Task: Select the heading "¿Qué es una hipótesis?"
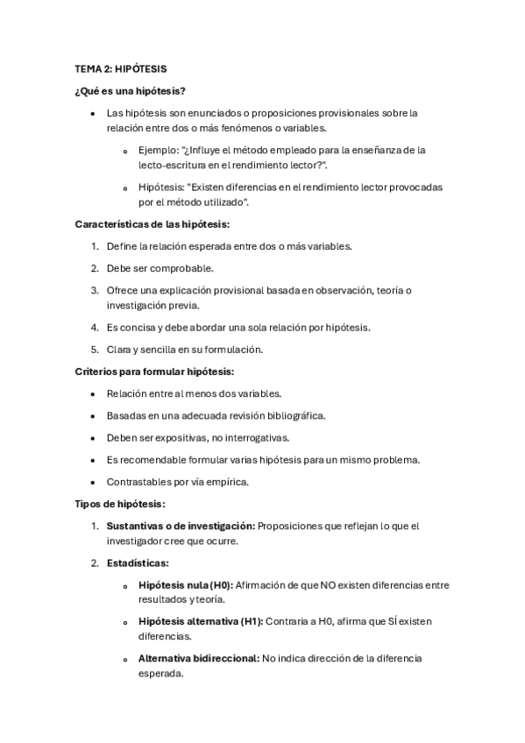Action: pyautogui.click(x=129, y=90)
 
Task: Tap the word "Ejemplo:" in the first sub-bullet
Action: pyautogui.click(x=158, y=150)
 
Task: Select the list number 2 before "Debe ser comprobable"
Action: pyautogui.click(x=95, y=268)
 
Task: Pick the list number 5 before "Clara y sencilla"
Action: pyautogui.click(x=95, y=349)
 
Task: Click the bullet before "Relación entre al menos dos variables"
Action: pyautogui.click(x=92, y=394)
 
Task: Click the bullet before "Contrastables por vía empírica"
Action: pyautogui.click(x=92, y=482)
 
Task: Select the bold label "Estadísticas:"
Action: pyautogui.click(x=138, y=563)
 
